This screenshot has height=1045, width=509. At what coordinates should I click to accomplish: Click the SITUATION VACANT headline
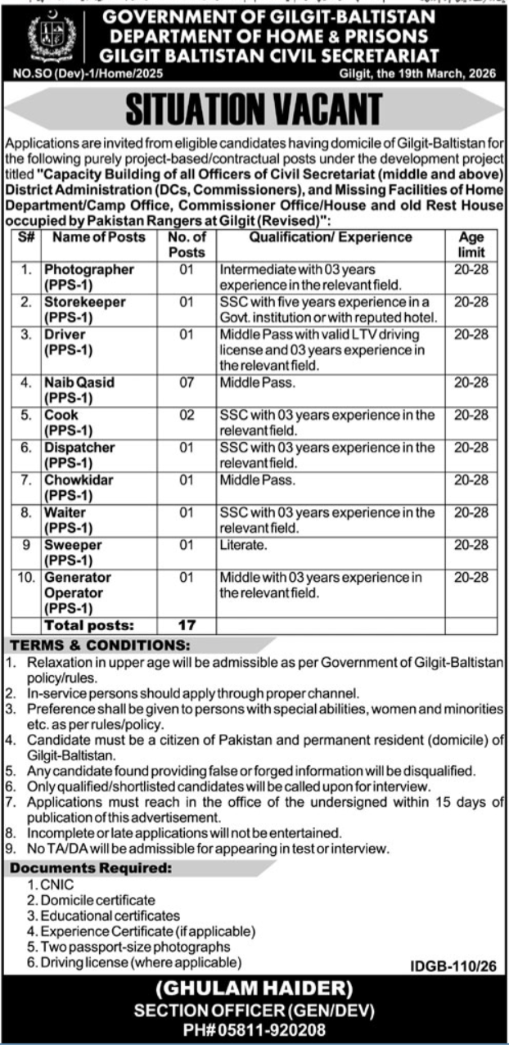point(254,110)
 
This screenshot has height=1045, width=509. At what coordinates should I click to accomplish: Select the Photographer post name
point(89,269)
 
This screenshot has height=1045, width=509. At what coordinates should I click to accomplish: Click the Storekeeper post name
point(85,302)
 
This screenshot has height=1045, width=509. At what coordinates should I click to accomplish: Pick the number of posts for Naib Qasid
point(186,382)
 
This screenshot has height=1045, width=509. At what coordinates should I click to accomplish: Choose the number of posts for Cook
point(186,415)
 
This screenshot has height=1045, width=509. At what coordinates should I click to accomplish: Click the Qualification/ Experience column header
point(331,237)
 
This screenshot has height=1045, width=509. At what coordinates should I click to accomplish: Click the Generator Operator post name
point(79,584)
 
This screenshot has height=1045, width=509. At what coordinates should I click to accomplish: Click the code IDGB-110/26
point(455,966)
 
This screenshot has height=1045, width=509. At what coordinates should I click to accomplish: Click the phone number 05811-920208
point(254,1027)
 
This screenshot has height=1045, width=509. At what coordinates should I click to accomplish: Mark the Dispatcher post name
point(79,448)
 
